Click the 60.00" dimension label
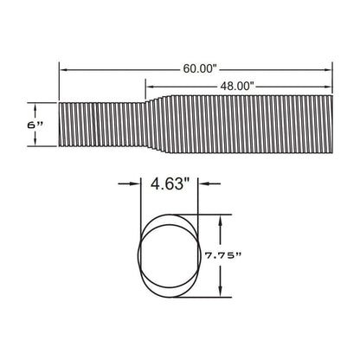(200, 69)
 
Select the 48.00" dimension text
(237, 86)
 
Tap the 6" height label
(35, 125)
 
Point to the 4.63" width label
(170, 183)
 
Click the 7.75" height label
(222, 255)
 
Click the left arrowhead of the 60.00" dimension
(63, 69)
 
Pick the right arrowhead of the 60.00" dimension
(328, 69)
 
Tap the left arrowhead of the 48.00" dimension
(150, 87)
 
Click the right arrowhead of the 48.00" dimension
(328, 87)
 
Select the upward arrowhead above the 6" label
(35, 107)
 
